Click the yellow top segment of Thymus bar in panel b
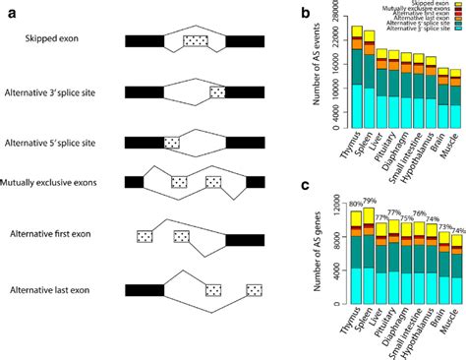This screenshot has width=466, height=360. point(358,32)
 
